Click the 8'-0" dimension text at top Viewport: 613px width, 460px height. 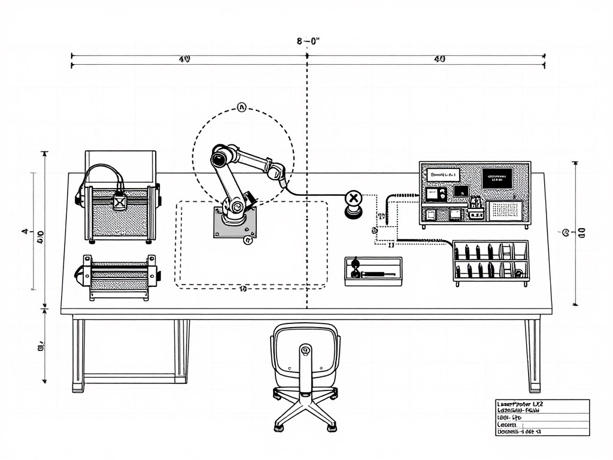[308, 41]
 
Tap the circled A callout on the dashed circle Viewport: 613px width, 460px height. [242, 108]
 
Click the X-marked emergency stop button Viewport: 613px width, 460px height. [354, 198]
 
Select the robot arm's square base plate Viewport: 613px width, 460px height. [235, 223]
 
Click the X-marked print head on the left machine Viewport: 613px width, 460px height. [120, 202]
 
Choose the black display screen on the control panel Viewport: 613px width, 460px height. [497, 178]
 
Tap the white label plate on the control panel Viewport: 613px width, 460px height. [444, 175]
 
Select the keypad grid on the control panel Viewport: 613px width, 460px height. [506, 210]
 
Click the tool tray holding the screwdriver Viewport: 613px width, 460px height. [373, 271]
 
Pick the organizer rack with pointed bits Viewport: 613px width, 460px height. [490, 261]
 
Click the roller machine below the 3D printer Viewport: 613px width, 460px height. [119, 277]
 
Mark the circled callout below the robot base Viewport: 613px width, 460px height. [248, 241]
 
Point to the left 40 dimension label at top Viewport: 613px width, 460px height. [184, 59]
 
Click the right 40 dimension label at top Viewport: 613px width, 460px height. [439, 59]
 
